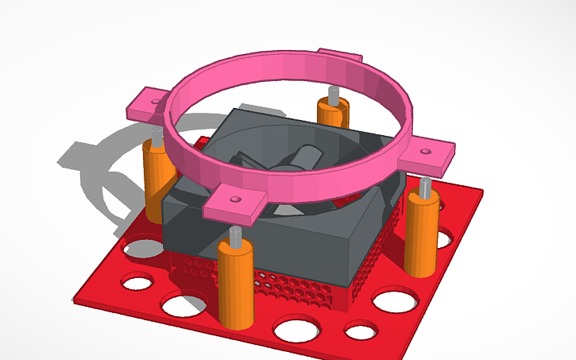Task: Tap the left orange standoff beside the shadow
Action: [x=157, y=180]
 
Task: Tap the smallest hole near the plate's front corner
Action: [x=360, y=331]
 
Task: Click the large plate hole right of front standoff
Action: [x=292, y=327]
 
